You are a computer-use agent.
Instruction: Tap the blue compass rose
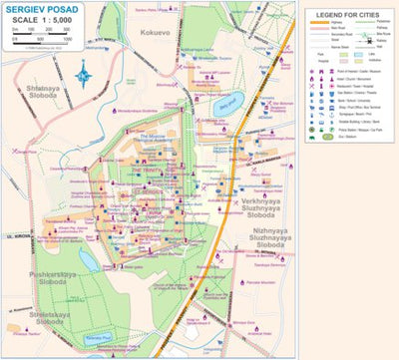click(83, 73)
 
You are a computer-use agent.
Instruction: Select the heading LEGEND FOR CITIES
click(349, 16)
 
